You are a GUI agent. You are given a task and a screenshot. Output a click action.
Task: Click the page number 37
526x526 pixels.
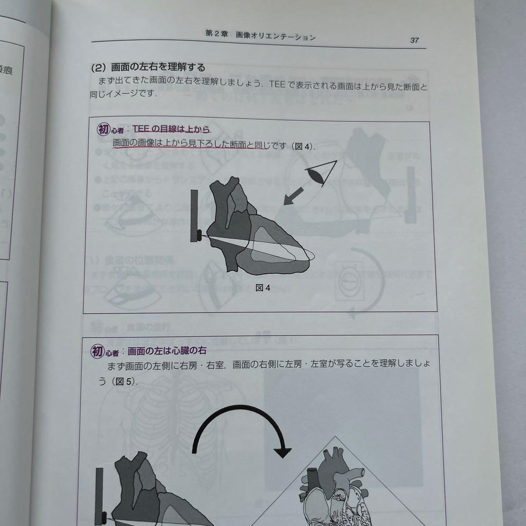point(414,40)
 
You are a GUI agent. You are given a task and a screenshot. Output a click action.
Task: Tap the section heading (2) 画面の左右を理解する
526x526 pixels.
point(148,67)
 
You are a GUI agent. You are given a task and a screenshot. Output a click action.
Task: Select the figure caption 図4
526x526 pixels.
point(263,288)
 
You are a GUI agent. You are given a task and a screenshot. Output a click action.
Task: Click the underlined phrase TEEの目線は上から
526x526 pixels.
point(171,130)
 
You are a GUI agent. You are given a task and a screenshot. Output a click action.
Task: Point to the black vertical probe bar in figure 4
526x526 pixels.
point(194,214)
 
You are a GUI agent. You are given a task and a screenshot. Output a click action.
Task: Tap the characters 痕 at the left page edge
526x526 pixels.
point(6,71)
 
